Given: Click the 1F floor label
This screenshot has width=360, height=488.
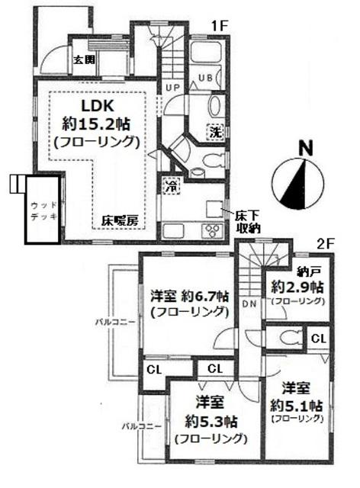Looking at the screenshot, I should (x=220, y=25).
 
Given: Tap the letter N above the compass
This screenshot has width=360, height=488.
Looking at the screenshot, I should (x=305, y=147).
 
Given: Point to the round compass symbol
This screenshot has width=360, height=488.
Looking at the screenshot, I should (x=295, y=182).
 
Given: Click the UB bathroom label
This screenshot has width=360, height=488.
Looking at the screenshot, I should (x=205, y=77).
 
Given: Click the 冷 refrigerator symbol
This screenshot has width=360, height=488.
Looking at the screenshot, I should (x=170, y=184).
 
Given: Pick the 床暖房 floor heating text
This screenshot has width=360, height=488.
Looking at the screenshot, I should (x=120, y=220).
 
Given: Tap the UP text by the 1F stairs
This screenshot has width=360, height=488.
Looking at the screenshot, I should (x=172, y=88).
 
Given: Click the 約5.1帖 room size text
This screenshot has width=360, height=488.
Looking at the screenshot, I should (x=297, y=403).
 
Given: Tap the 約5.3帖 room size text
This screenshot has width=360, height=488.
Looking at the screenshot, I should (x=210, y=419).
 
